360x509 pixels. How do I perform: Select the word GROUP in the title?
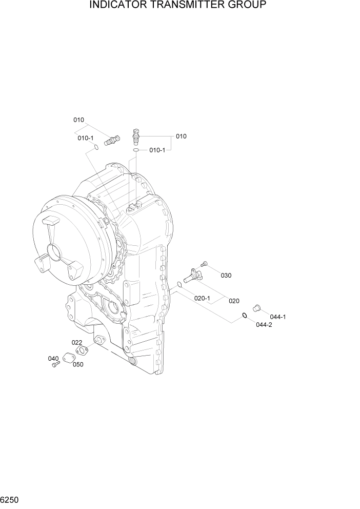(248, 6)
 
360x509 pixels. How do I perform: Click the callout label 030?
(226, 276)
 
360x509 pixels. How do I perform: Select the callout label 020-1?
(203, 298)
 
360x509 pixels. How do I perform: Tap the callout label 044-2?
(264, 325)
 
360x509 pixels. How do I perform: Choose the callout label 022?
(76, 342)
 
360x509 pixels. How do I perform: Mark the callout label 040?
(53, 358)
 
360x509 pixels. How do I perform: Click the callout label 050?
(78, 365)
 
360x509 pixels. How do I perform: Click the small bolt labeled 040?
(56, 364)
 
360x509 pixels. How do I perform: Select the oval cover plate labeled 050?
(69, 358)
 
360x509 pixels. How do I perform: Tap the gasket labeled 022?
(82, 351)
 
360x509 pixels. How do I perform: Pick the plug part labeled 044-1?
(257, 308)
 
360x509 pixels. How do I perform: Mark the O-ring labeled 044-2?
(245, 315)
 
